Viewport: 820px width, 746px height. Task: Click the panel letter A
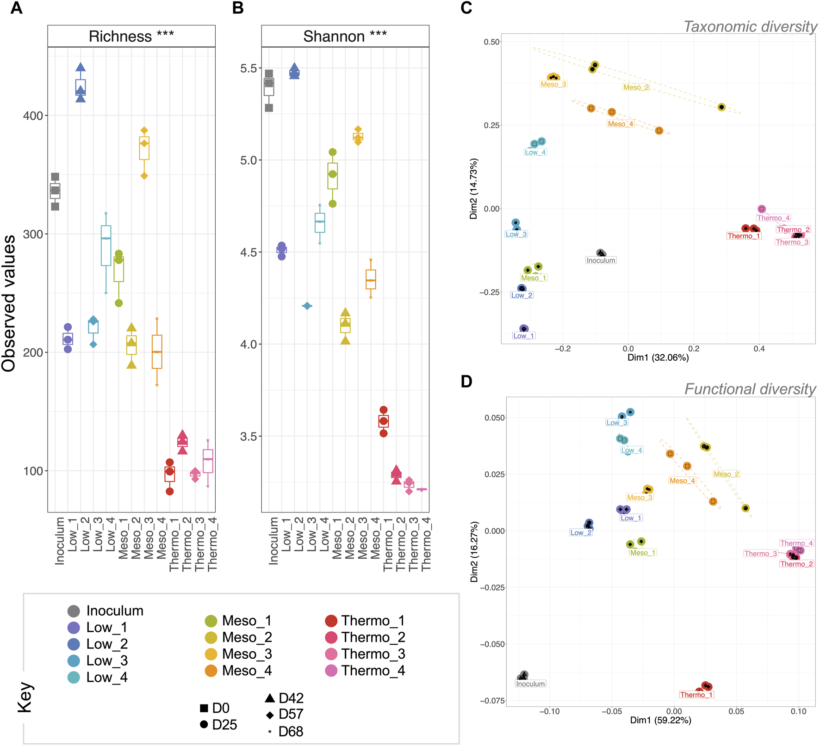[x=16, y=8]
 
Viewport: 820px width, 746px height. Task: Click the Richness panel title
[x=131, y=36]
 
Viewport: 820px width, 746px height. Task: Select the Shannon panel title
[x=345, y=36]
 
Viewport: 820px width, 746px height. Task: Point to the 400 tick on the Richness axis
[x=33, y=116]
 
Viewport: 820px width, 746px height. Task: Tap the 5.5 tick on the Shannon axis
[x=248, y=68]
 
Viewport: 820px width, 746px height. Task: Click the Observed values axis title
[x=9, y=303]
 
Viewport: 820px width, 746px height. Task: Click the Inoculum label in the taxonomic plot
[x=601, y=260]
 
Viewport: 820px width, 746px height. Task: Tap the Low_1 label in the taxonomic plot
[x=523, y=336]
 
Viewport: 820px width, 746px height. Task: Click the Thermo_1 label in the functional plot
[x=696, y=695]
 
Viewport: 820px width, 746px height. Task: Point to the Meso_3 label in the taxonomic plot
[x=553, y=84]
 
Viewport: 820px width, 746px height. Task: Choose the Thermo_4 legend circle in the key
[x=331, y=671]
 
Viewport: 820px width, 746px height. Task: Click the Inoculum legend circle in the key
[x=74, y=611]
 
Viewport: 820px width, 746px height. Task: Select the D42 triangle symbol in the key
[x=270, y=697]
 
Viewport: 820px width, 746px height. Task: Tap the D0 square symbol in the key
[x=204, y=708]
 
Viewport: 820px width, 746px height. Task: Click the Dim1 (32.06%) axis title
[x=658, y=358]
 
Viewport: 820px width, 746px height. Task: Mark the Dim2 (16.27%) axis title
[x=474, y=552]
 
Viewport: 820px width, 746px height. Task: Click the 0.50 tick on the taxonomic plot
[x=491, y=42]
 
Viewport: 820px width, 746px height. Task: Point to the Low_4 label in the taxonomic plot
[x=535, y=152]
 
